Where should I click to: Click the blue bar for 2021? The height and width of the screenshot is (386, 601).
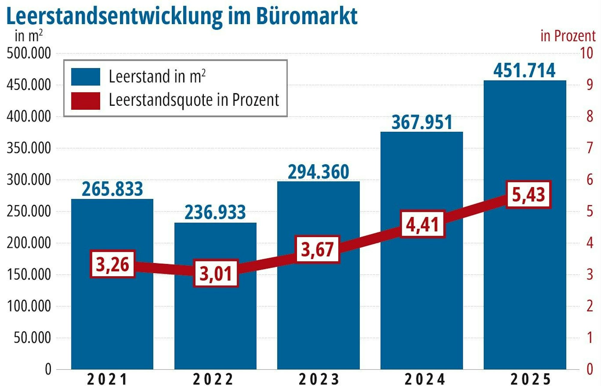pos(112,315)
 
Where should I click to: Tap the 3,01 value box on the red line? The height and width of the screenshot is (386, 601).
pos(216,273)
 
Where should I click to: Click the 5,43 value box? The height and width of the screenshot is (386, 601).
pos(528,194)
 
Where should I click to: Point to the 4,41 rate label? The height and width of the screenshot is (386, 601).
pos(423,224)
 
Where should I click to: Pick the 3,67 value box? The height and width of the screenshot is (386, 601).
pos(318,249)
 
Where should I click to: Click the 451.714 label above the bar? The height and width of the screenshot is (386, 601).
pos(524,71)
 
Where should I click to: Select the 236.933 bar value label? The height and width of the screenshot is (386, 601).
pos(215,212)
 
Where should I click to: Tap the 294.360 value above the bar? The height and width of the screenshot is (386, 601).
pos(319,172)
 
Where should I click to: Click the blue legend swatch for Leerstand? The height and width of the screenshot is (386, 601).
pos(86,77)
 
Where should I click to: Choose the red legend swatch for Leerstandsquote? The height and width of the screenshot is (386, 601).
pos(86,101)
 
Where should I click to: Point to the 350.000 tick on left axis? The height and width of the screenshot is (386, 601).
pos(29,148)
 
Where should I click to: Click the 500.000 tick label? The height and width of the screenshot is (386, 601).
pos(29,53)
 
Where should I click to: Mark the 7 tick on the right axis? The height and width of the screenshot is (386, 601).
pos(590,148)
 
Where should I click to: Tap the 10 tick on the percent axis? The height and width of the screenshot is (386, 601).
pos(587,53)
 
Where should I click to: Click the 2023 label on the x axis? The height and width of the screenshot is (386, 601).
pos(319,379)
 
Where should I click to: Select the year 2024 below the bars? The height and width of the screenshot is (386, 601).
pos(425,379)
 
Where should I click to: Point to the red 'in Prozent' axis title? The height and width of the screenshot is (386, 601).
pos(568,36)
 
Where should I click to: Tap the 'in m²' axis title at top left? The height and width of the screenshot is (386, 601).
pos(29,36)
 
